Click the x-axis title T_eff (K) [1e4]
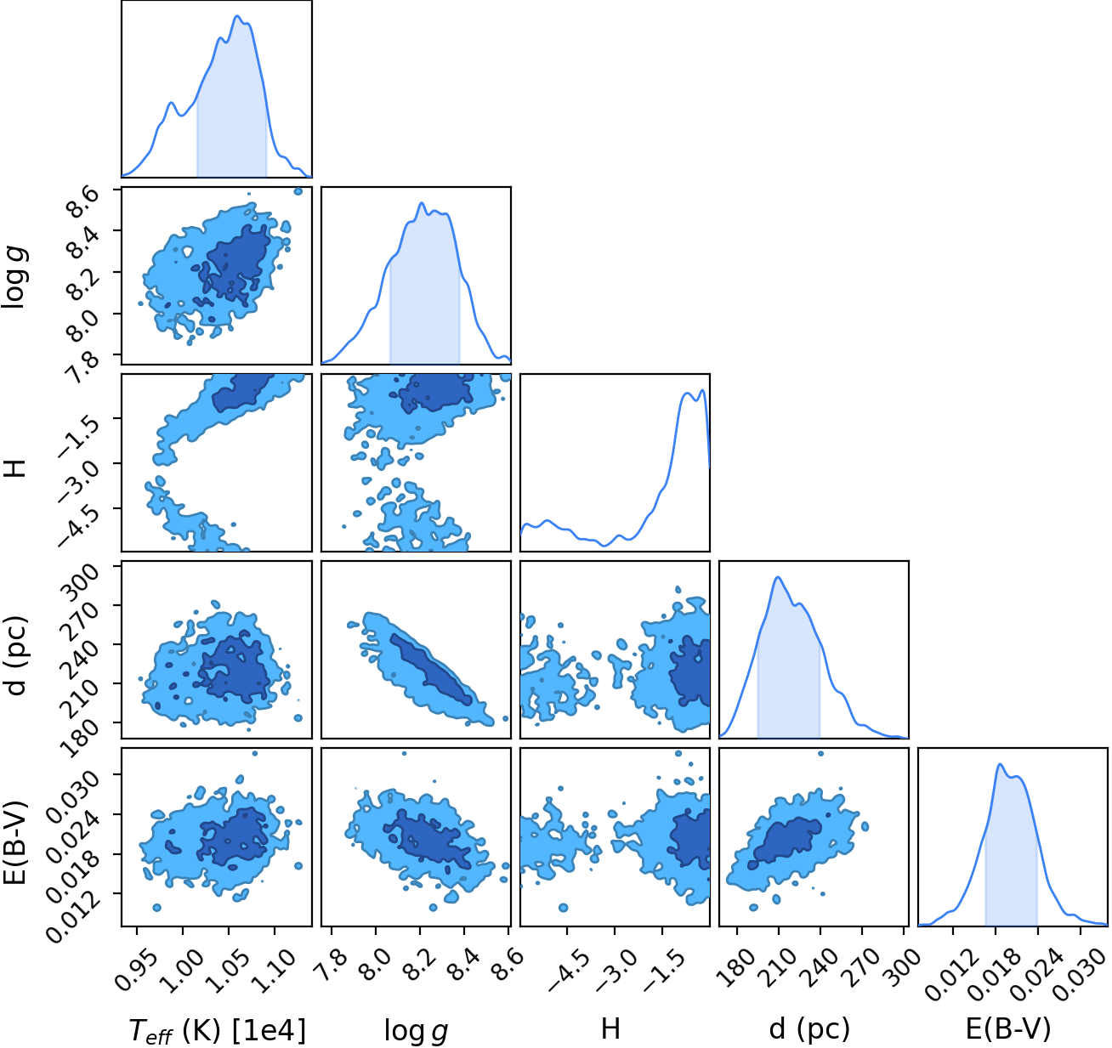coord(218,1029)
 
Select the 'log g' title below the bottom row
coord(416,1031)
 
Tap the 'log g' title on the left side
coord(14,276)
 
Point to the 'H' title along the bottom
coord(610,1029)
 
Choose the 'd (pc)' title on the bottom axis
coord(809,1029)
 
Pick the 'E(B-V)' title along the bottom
coord(1008,1029)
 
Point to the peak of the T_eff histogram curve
coord(237,15)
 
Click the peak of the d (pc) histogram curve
coord(778,577)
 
